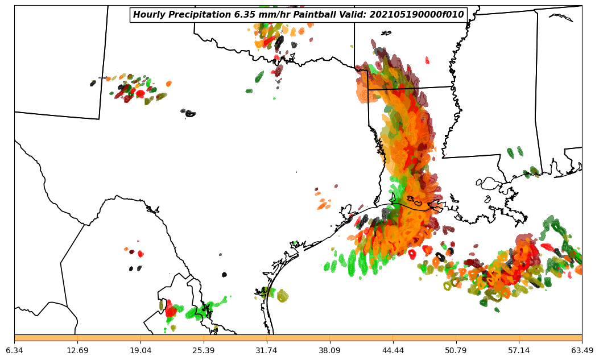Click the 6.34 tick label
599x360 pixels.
14,350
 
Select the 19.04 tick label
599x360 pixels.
141,350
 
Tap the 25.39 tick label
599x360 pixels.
204,350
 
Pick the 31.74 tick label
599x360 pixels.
266,350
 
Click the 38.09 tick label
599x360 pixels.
329,350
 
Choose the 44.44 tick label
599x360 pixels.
393,350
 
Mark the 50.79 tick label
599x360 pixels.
456,350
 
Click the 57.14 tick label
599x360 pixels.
519,350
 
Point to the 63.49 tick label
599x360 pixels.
582,350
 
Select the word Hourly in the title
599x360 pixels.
149,15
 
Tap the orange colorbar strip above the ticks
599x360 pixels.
298,338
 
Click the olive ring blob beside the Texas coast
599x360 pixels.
282,295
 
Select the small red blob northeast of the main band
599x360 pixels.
427,60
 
